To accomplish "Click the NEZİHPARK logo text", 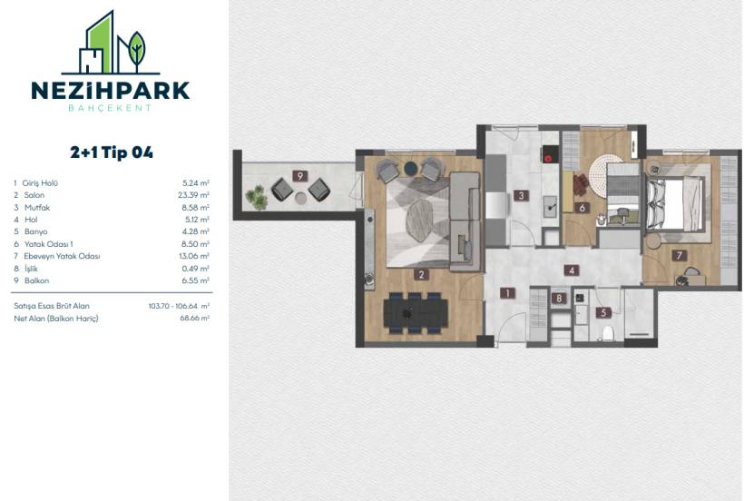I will click(111, 90).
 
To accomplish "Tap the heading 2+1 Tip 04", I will click(111, 152).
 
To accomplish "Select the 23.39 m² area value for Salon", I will click(195, 195).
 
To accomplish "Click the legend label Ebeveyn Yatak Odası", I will click(63, 256).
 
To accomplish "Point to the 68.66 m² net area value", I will click(195, 319).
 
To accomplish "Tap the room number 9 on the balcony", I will click(298, 175).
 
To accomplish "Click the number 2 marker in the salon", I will click(421, 273).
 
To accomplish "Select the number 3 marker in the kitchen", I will click(521, 194).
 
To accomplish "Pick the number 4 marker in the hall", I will click(571, 270).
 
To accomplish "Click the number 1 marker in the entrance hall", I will click(507, 293).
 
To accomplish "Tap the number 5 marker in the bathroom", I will click(602, 313).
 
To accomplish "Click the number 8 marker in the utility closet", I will click(560, 298).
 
